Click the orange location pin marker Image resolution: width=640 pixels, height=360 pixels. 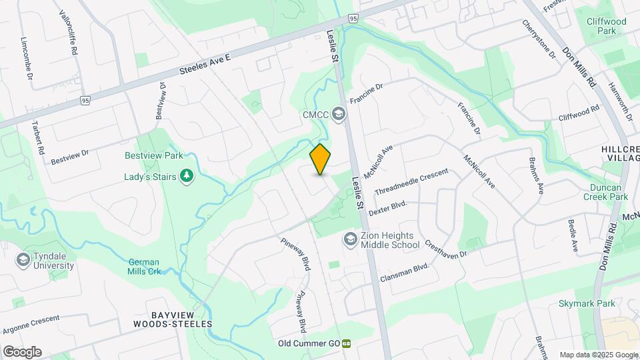coord(321,159)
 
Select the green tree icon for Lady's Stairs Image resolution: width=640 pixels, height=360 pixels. coord(188,176)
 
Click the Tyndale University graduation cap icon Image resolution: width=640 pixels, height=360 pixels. coord(23,259)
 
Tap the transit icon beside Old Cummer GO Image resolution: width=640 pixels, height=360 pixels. coord(347,344)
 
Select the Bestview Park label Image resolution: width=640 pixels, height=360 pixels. coord(154,155)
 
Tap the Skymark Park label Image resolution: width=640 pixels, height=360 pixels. coord(587,303)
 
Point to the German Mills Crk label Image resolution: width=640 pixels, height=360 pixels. coord(145,267)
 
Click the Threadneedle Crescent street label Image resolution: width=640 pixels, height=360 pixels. coord(411,181)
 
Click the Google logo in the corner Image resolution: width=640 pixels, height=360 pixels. coord(22,351)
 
